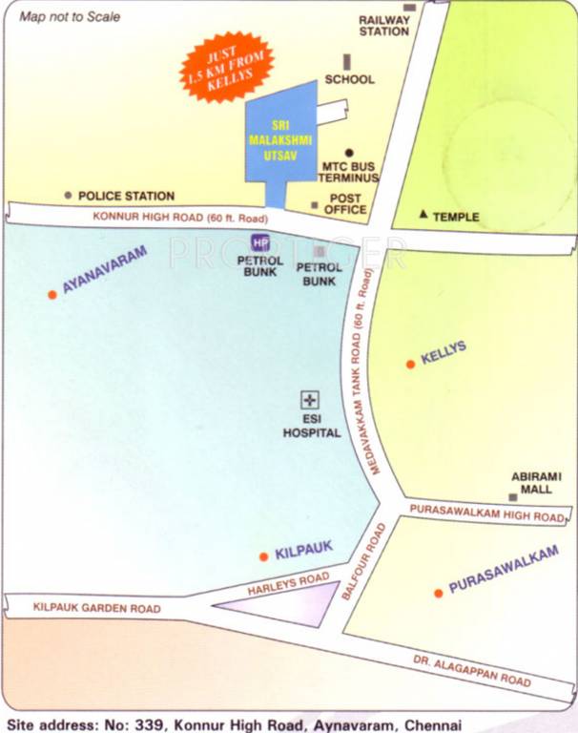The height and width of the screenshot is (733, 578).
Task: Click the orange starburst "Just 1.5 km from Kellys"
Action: [x=227, y=66]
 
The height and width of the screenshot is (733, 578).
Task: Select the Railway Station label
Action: [x=384, y=25]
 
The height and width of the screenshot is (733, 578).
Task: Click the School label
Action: [x=349, y=80]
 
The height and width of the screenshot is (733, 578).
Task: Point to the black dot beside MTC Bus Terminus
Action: [x=350, y=153]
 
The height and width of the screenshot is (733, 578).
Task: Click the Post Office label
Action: [x=346, y=203]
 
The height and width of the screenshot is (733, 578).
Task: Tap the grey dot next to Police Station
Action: [x=68, y=196]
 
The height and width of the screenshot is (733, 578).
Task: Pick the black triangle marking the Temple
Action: [x=423, y=216]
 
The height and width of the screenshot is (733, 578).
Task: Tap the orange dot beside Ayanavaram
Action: [x=52, y=294]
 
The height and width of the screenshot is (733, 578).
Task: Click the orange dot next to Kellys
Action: [x=410, y=364]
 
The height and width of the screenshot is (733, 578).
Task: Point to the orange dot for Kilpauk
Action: [x=263, y=556]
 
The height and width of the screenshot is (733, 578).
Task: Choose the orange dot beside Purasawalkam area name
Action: [x=438, y=593]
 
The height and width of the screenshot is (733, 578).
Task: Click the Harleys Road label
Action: [x=288, y=584]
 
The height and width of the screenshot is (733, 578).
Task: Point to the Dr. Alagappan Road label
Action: [x=472, y=671]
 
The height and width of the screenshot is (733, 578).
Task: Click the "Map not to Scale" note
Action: [x=70, y=16]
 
